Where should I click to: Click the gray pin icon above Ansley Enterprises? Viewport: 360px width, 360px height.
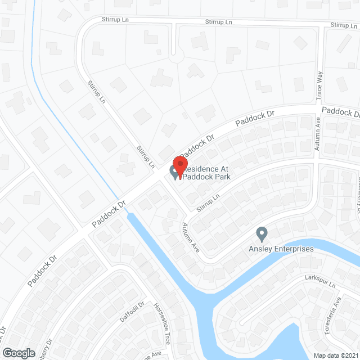click(x=261, y=233)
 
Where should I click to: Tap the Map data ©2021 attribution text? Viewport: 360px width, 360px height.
click(x=335, y=355)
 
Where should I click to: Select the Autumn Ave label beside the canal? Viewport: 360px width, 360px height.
click(x=190, y=237)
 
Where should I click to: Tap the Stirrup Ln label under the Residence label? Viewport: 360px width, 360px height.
click(x=208, y=202)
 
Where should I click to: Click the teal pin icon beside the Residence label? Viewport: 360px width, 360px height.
click(x=174, y=172)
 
